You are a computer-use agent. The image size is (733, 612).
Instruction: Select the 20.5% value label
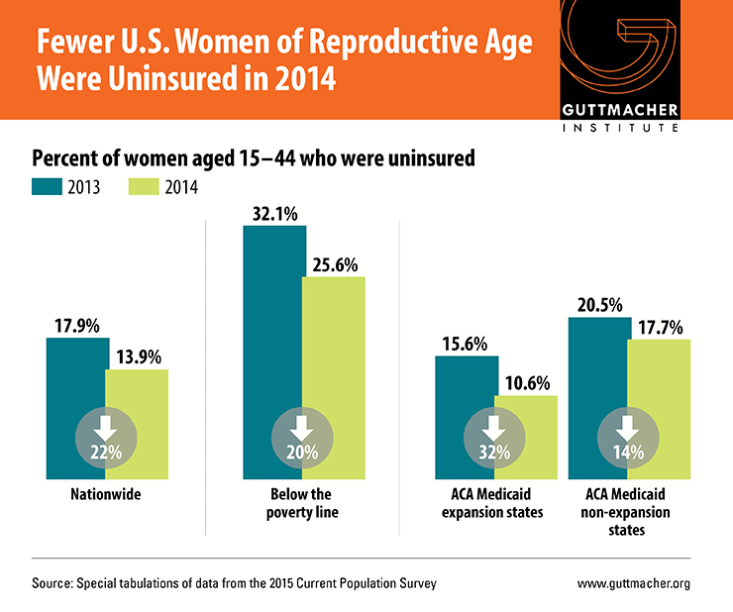[x=598, y=303]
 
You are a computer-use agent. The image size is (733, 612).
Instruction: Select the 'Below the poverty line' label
[x=302, y=502]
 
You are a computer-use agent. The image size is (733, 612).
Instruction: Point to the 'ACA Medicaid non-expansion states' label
[x=628, y=511]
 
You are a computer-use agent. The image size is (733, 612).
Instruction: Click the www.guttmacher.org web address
[x=634, y=583]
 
